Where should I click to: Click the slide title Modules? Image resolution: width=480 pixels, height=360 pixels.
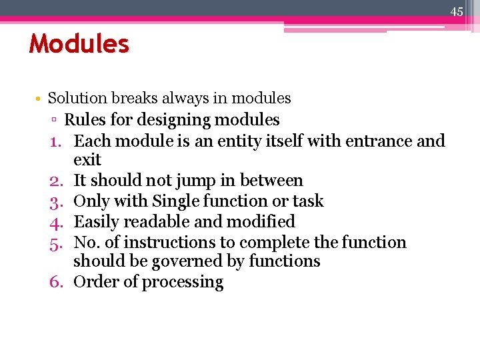[79, 44]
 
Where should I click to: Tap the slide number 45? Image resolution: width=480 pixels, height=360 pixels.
[457, 11]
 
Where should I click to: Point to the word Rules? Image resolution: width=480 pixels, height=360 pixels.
[83, 120]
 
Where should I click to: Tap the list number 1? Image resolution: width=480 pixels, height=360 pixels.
[55, 141]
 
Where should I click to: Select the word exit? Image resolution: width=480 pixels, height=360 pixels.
[87, 160]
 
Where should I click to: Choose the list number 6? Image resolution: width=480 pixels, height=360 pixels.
[55, 282]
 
